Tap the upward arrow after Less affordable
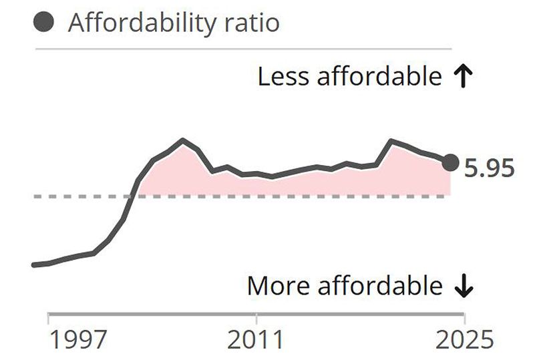point(462,77)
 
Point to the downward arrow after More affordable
point(463,286)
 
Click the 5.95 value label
point(490,168)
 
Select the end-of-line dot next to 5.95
point(451,162)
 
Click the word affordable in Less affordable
point(378,77)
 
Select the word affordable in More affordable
point(379,286)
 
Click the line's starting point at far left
point(33,265)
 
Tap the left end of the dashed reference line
point(35,196)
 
